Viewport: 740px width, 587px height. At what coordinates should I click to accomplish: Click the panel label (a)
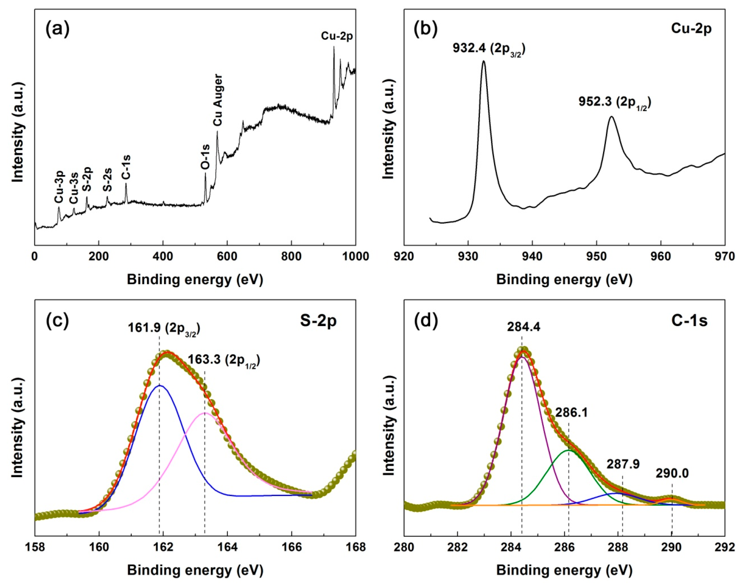pyautogui.click(x=57, y=29)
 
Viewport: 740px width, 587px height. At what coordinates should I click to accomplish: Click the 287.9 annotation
pyautogui.click(x=623, y=464)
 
